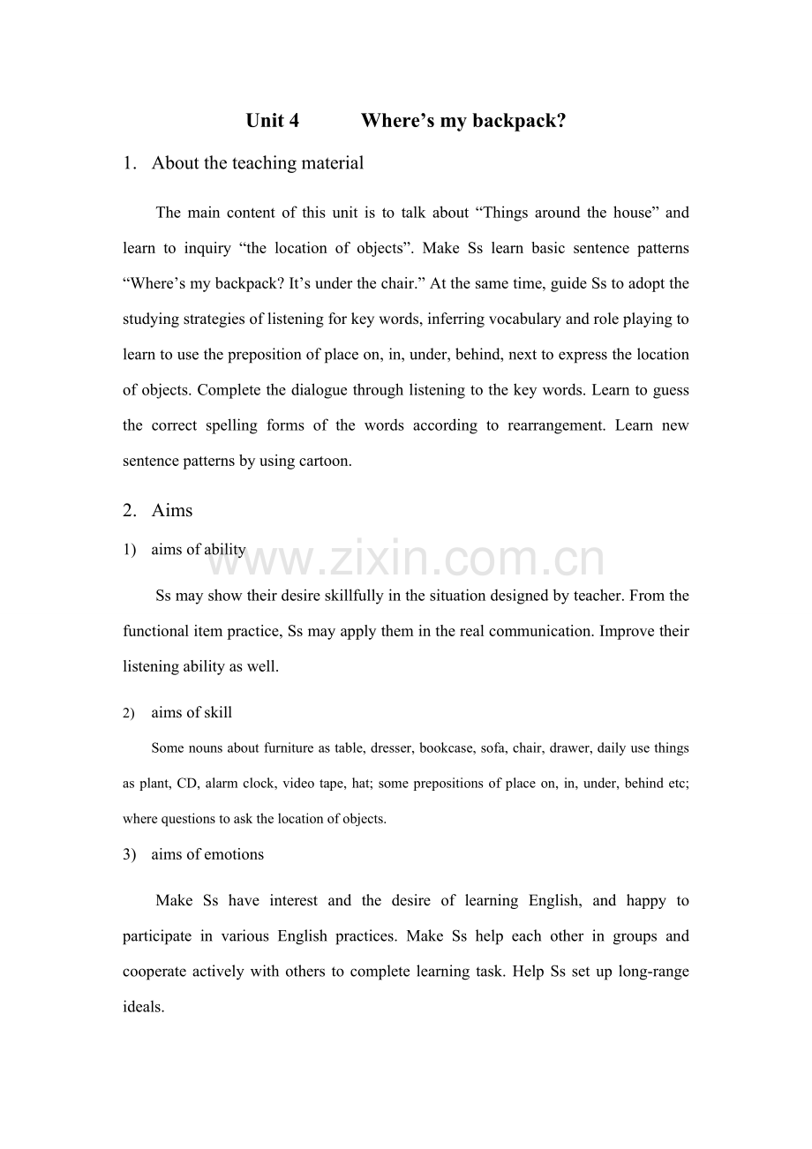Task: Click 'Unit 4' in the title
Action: pos(272,121)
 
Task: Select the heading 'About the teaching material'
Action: pos(257,163)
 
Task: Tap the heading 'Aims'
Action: pos(171,511)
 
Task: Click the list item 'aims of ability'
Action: pos(199,550)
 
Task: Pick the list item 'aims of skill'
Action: pos(192,713)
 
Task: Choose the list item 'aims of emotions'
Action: pos(207,854)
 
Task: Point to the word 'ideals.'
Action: pos(143,1007)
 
